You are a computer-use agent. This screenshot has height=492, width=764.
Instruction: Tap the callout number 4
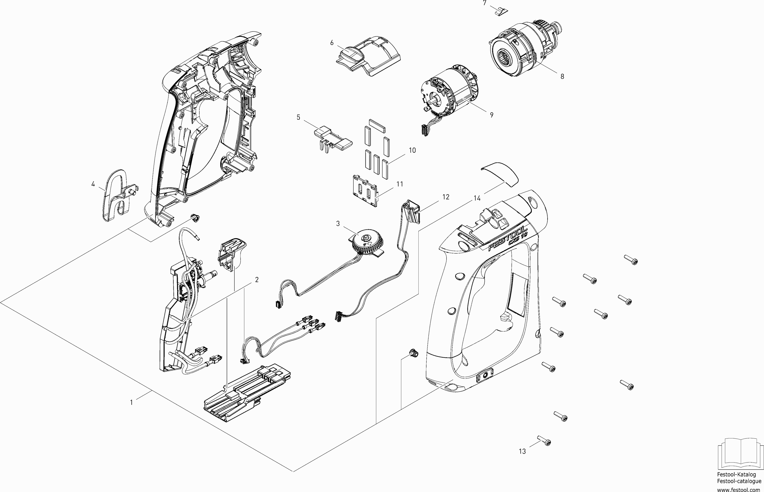93,184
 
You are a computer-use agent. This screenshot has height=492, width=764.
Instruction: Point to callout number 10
412,150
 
